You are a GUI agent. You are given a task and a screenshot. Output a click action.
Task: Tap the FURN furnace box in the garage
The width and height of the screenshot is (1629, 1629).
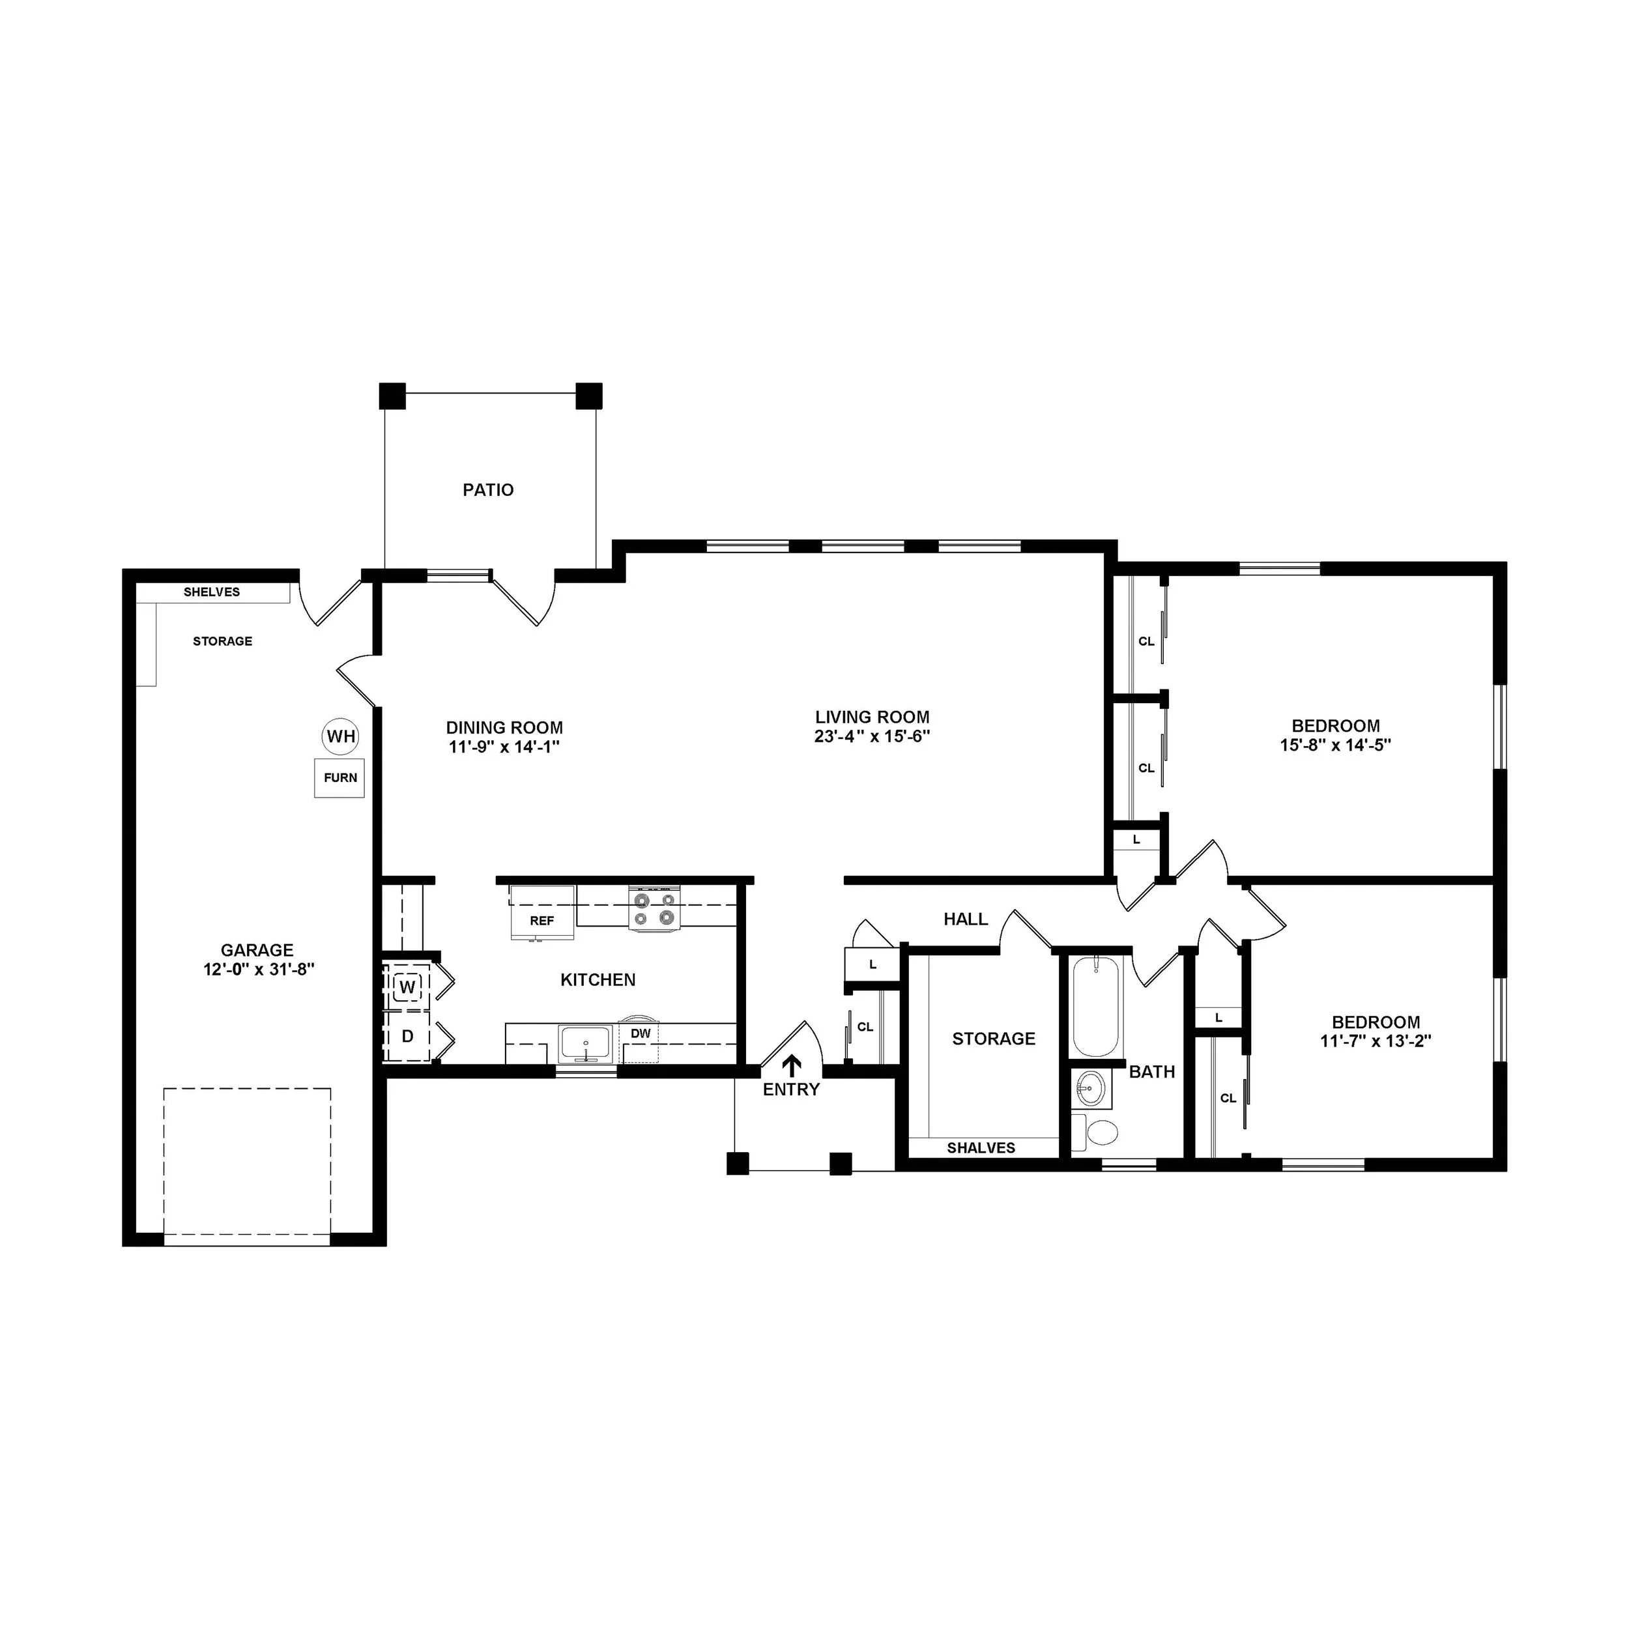coord(339,777)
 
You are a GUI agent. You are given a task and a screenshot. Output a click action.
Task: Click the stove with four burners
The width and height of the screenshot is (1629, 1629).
coord(654,909)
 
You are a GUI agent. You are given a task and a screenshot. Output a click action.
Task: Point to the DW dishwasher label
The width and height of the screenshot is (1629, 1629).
coord(641,1033)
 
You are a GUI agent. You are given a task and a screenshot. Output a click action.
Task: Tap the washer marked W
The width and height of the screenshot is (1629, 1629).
coord(407,987)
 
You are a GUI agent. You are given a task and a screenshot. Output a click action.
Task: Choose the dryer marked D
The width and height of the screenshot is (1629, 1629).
coord(407,1036)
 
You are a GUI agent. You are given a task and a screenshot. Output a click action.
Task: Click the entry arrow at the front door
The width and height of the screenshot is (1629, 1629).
coord(791,1064)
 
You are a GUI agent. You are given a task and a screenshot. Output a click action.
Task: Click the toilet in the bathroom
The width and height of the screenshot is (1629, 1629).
coord(1097,1132)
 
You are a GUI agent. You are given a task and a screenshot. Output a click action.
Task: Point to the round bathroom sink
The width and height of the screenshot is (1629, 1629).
coord(1091,1089)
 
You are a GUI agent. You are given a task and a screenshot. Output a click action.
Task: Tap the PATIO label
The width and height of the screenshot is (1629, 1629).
coord(488,490)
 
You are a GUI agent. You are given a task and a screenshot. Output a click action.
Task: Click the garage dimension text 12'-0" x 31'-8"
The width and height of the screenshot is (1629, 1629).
coord(259,970)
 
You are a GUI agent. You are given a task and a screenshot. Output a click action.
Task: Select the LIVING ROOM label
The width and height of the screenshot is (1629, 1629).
coord(872,717)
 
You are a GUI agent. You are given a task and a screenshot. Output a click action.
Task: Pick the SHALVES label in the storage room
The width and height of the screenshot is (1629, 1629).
coord(981,1147)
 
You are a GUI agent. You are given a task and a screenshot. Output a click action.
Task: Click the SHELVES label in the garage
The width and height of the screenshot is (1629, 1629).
coord(212,592)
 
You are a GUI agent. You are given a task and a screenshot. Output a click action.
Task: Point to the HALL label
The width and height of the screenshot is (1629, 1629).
coord(966,919)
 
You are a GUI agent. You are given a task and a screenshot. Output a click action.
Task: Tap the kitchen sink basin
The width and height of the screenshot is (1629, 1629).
coord(586,1044)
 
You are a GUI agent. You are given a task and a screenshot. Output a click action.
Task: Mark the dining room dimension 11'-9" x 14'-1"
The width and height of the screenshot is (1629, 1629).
coord(504,747)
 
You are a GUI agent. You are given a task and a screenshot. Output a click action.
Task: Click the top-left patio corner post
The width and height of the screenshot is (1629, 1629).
coord(392,396)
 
